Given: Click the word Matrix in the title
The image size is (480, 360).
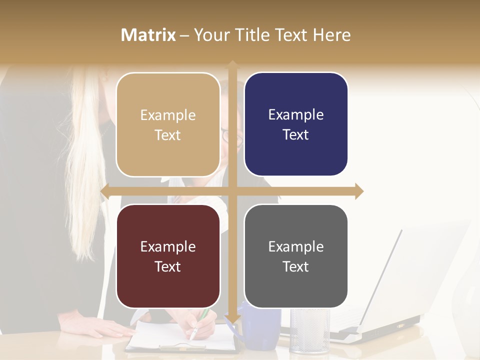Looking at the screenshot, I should tap(148, 35).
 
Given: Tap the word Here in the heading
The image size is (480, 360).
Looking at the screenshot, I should tap(332, 35).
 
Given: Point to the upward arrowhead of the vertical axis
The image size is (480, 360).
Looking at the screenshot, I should tap(232, 64).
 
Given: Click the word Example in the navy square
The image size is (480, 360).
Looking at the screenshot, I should tap(296, 115).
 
